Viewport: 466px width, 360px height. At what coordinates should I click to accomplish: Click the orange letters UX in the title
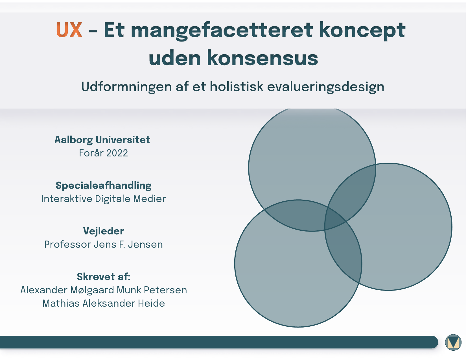[69, 30]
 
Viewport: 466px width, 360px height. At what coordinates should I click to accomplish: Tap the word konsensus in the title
[262, 58]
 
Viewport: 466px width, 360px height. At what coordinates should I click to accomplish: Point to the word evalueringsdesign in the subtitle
[326, 87]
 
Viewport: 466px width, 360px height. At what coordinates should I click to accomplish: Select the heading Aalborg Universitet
[102, 140]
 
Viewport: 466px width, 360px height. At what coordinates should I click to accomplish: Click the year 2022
[117, 153]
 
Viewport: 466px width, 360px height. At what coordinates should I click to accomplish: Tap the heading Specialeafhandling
[104, 186]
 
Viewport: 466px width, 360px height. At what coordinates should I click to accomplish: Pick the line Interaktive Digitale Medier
[104, 199]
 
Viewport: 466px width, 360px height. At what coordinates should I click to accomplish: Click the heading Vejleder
[104, 231]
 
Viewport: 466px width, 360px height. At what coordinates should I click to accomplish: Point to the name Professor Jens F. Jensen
[104, 244]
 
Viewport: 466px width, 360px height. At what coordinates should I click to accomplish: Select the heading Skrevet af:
[104, 277]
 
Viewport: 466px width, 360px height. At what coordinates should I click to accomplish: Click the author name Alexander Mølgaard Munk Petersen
[104, 290]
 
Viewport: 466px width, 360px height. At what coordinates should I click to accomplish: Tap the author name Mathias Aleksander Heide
[104, 303]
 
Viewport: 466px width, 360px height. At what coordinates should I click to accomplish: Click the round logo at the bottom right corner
[453, 342]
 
